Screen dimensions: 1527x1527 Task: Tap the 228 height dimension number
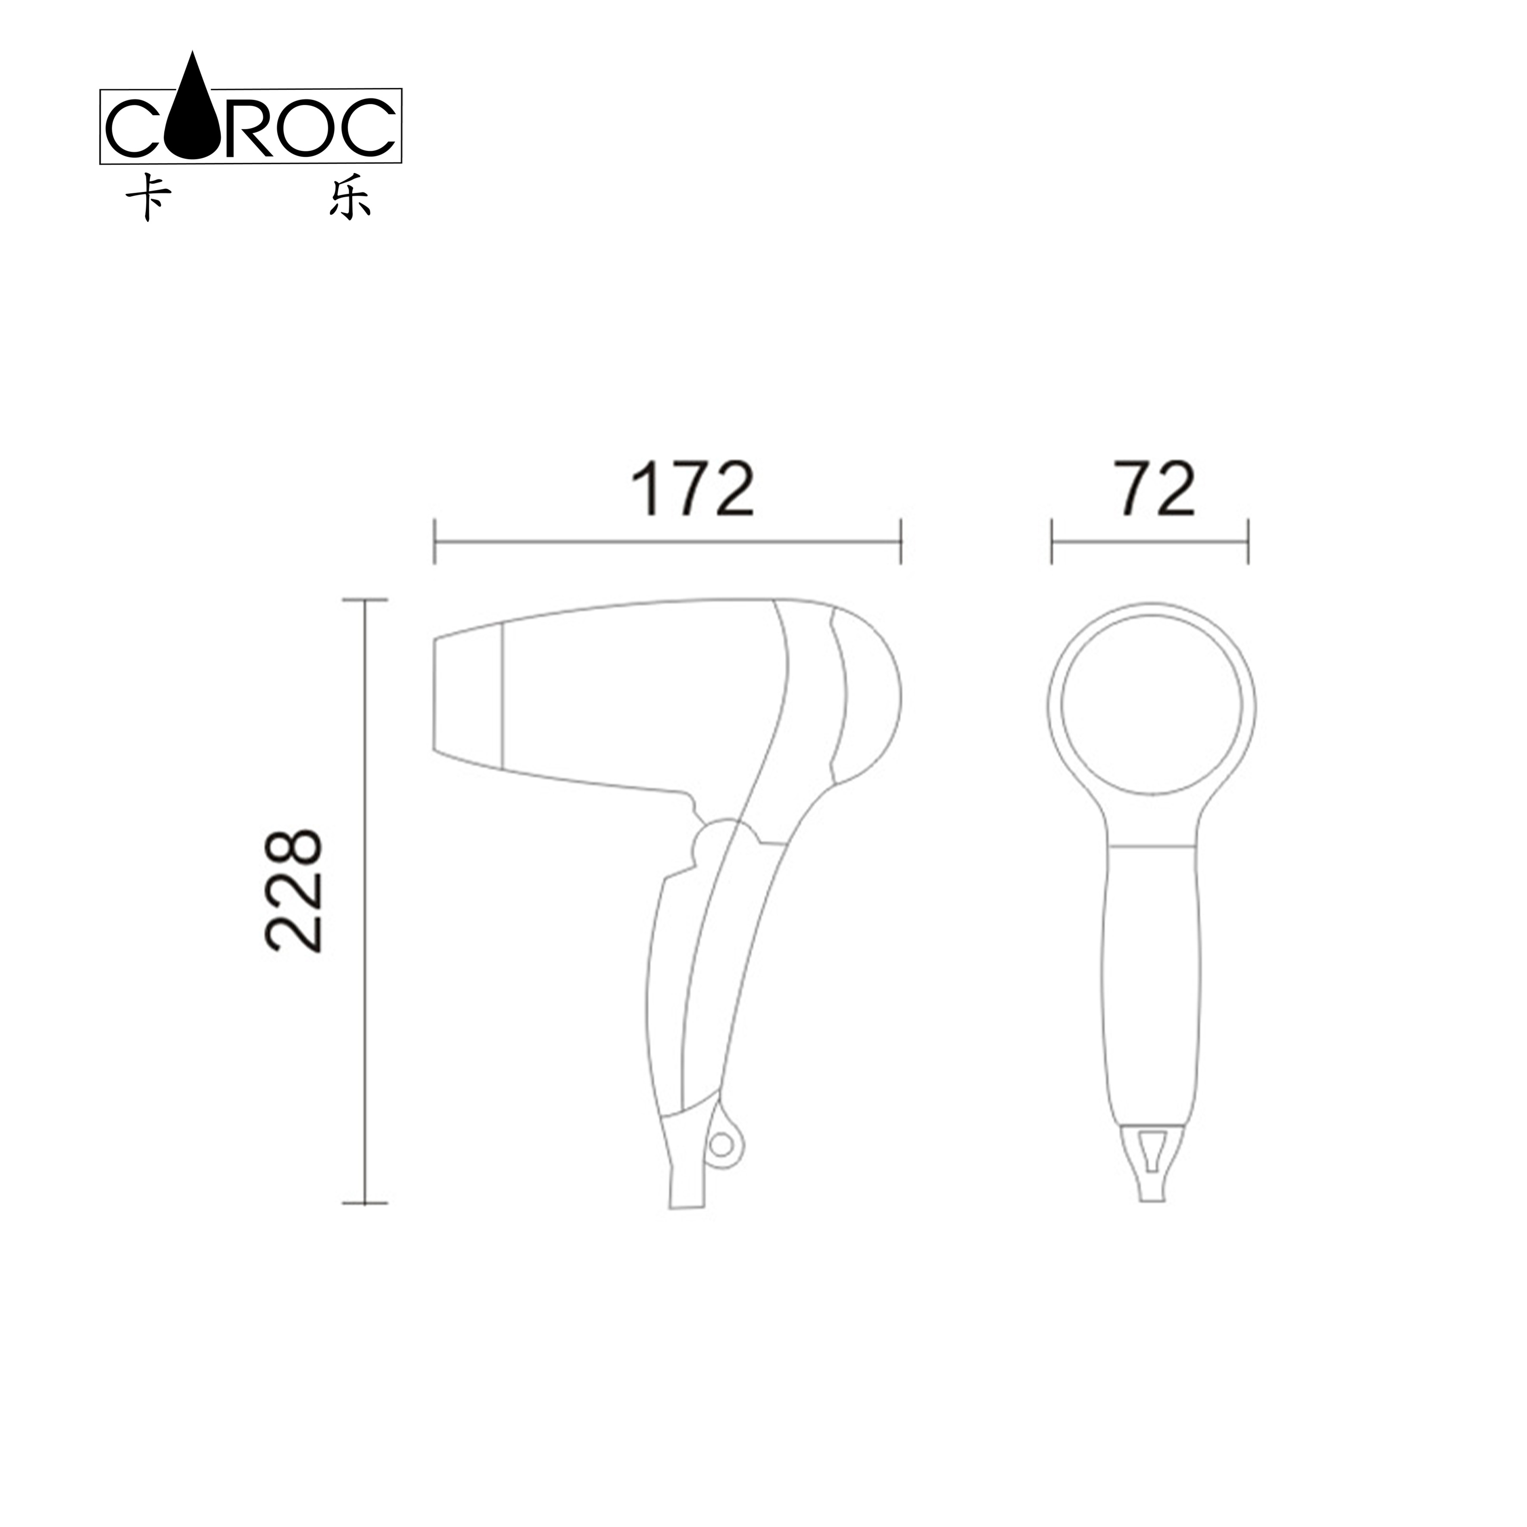point(293,890)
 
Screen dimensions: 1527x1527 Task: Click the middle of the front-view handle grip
point(1152,980)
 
